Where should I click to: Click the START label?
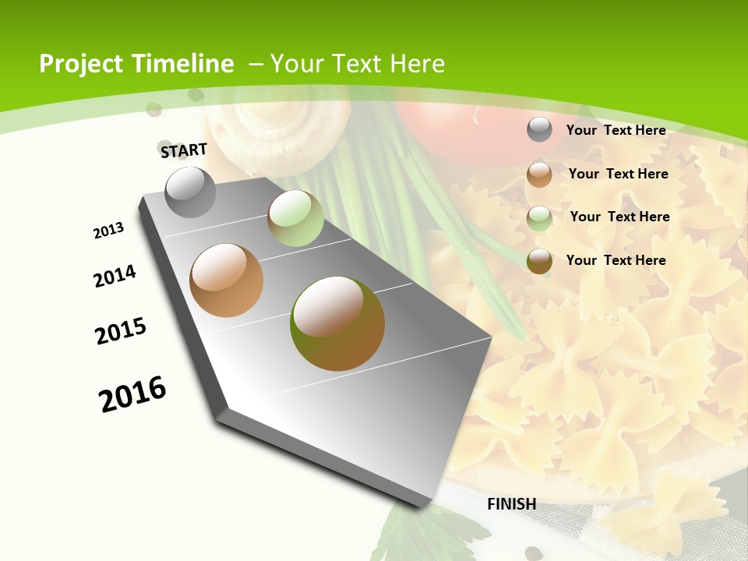(184, 150)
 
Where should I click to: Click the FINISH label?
(512, 504)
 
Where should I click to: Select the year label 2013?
(108, 231)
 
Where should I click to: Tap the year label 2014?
(115, 276)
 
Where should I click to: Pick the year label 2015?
(121, 331)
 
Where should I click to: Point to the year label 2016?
(132, 394)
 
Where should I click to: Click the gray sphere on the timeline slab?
(191, 192)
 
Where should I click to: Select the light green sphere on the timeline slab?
(295, 218)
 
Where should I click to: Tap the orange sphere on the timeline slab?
(226, 280)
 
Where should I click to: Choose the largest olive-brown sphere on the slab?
(337, 323)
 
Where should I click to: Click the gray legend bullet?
(539, 130)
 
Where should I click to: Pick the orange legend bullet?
(539, 175)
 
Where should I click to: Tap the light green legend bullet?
(539, 217)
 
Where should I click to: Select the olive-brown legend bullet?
(539, 261)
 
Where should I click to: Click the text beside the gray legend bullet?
(616, 130)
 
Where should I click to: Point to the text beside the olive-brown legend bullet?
(616, 260)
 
